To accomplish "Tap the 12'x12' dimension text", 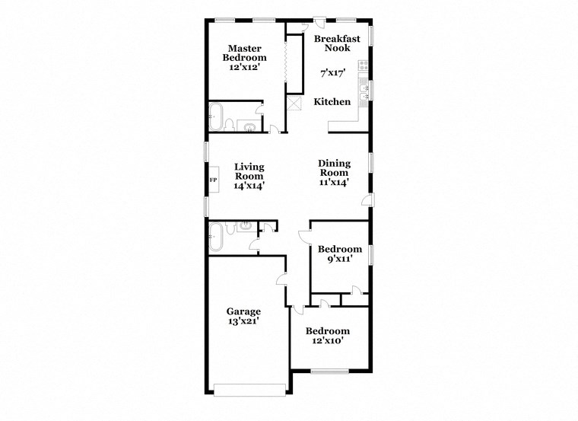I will pyautogui.click(x=244, y=67).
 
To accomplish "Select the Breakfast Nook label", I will pyautogui.click(x=332, y=43).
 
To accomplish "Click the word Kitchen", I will pyautogui.click(x=332, y=102).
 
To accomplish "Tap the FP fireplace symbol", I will pyautogui.click(x=213, y=180).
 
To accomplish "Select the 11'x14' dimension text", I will pyautogui.click(x=334, y=183).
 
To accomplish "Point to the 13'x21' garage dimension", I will pyautogui.click(x=243, y=321).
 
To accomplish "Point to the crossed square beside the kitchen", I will pyautogui.click(x=294, y=104).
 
